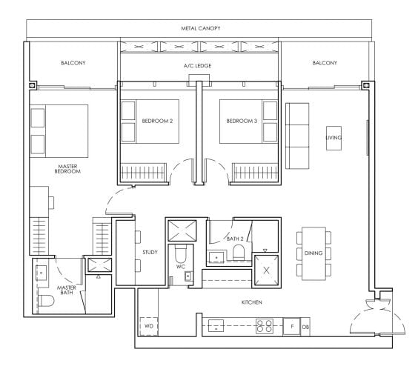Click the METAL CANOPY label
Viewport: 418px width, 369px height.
(x=201, y=28)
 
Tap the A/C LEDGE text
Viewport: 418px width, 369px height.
(x=199, y=67)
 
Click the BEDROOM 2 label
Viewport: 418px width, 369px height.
(x=158, y=121)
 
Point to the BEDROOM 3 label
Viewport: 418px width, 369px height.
(x=241, y=121)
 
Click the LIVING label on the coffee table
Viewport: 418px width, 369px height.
(x=334, y=138)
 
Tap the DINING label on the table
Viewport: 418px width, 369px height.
(x=313, y=253)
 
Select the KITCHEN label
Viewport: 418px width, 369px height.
(x=251, y=303)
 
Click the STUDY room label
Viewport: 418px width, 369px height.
(x=150, y=253)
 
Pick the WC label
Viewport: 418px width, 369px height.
(x=180, y=266)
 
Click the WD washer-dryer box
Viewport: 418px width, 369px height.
(x=149, y=325)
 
